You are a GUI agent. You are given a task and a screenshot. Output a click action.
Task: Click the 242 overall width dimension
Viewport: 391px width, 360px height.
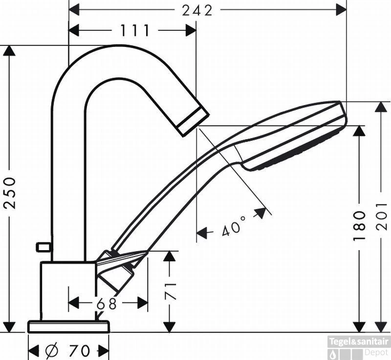click(x=197, y=10)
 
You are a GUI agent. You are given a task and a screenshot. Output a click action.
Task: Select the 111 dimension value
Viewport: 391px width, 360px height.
click(x=135, y=31)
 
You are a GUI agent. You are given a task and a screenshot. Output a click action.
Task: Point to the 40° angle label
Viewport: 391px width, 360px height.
click(x=234, y=226)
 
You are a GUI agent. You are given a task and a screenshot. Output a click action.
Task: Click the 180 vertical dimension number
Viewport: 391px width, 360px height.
click(x=359, y=226)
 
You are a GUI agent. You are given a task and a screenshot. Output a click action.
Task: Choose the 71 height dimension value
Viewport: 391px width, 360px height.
click(x=170, y=291)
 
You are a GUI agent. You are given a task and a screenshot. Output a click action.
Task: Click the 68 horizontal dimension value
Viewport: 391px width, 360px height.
click(x=107, y=304)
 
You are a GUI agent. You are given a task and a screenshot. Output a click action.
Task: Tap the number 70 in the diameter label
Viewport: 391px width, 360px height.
click(x=79, y=351)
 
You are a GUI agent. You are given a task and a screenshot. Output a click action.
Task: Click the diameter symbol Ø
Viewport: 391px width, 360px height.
click(x=52, y=351)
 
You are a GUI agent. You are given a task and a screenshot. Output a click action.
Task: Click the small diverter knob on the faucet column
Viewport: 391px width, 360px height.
click(x=43, y=247)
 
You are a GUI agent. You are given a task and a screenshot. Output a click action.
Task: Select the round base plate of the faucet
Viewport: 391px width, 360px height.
click(x=68, y=327)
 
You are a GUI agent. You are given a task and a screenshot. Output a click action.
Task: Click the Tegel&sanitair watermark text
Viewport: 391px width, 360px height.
click(x=359, y=341)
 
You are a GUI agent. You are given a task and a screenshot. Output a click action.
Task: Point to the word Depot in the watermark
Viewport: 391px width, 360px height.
click(x=376, y=352)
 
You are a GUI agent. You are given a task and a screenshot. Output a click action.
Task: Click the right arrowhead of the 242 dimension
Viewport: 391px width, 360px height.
click(x=341, y=10)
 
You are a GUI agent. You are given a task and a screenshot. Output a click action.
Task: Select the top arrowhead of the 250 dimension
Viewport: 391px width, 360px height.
click(x=9, y=51)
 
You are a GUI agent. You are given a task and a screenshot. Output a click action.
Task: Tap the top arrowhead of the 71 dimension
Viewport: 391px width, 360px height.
click(x=170, y=256)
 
